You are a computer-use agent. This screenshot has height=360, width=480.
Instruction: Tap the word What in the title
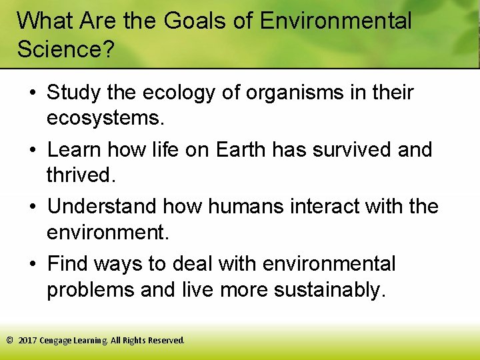(44, 21)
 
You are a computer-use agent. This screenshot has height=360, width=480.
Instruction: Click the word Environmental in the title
(335, 21)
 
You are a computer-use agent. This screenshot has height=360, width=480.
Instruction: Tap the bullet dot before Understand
(31, 207)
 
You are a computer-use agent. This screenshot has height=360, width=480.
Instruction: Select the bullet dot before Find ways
(31, 265)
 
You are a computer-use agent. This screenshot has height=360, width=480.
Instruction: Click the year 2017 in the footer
(27, 340)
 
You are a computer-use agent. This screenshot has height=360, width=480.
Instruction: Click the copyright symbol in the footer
(9, 340)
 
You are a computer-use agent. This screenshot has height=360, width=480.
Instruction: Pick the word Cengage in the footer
(57, 340)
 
